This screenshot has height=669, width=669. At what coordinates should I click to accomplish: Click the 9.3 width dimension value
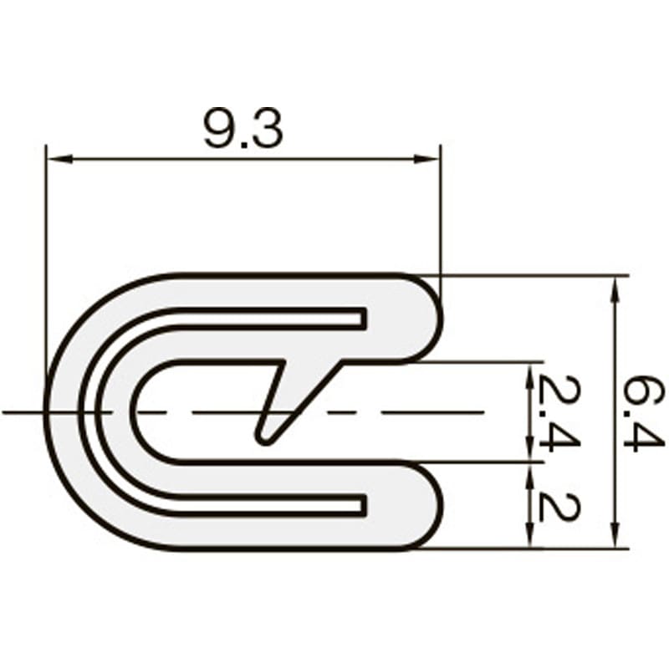coord(243,129)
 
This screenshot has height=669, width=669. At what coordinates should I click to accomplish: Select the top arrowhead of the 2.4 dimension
coord(529,371)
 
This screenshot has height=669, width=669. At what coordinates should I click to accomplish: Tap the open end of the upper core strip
coord(362,317)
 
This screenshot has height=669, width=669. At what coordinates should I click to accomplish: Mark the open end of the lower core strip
coord(362,503)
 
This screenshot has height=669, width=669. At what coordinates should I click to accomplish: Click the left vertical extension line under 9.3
coord(46,251)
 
